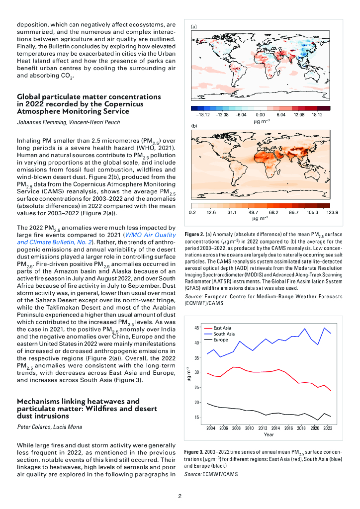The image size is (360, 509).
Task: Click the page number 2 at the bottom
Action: (x=180, y=496)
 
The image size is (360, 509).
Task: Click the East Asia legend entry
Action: (x=222, y=328)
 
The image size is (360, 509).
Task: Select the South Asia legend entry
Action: (x=224, y=334)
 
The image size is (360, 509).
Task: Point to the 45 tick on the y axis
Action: (x=197, y=328)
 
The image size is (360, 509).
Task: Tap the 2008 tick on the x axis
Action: (x=236, y=428)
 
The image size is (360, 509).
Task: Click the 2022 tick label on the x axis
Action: (x=327, y=428)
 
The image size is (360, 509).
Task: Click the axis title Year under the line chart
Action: (x=269, y=434)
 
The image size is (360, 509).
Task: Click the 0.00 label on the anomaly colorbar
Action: (x=260, y=114)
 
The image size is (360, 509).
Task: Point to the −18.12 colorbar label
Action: (x=199, y=114)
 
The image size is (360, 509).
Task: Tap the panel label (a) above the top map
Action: (x=194, y=26)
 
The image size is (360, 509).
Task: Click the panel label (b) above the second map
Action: (x=194, y=127)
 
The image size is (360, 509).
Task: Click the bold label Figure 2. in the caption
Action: (x=193, y=233)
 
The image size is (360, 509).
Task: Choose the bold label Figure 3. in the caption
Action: (x=193, y=452)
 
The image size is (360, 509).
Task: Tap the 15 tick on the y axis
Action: (x=197, y=418)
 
